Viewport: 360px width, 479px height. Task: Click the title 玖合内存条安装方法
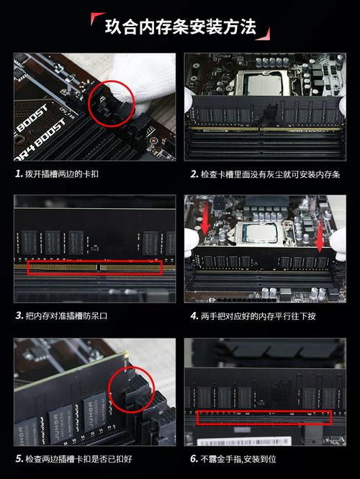coord(180,27)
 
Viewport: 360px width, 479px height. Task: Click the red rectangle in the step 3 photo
coord(95,268)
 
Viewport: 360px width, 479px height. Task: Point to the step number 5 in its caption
coord(19,458)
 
